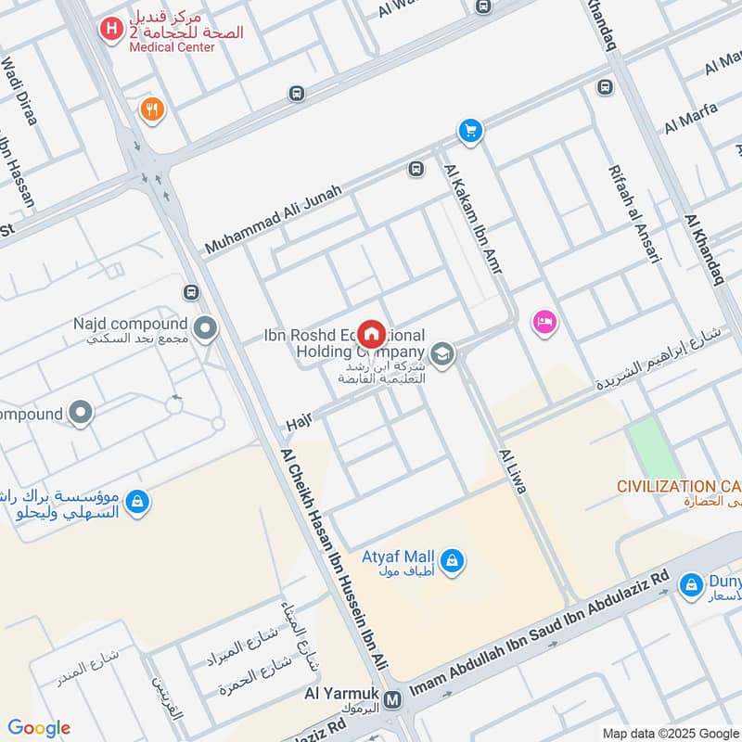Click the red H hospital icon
(111, 30)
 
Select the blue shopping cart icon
(470, 131)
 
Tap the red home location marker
(372, 334)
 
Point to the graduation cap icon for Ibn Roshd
(442, 353)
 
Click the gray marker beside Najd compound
(205, 327)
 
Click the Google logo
(39, 728)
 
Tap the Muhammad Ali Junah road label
(274, 220)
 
